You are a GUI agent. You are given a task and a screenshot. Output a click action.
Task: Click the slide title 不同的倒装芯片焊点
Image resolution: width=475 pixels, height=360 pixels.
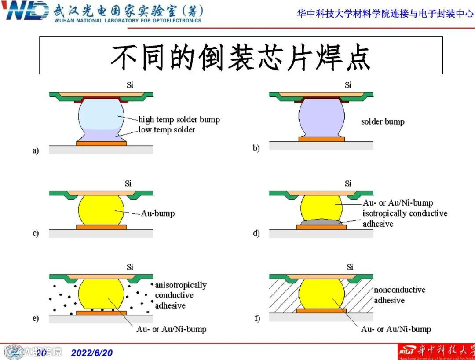[241, 56]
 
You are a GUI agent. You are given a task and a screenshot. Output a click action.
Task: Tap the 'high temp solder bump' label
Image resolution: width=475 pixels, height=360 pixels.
[179, 120]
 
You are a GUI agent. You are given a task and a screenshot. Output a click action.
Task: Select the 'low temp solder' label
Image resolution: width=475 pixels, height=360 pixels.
[167, 130]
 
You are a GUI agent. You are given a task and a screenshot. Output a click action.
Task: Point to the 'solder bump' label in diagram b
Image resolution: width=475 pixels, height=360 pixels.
[382, 121]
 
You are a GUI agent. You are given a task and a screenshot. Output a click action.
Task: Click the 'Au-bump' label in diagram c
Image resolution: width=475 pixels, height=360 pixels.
[158, 213]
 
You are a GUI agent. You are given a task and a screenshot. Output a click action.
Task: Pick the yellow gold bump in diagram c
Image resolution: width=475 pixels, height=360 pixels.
[101, 210]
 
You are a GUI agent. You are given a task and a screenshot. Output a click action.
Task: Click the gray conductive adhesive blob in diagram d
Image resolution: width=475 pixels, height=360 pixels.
[322, 223]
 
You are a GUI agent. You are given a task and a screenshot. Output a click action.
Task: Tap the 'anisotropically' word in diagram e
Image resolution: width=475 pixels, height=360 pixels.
[181, 285]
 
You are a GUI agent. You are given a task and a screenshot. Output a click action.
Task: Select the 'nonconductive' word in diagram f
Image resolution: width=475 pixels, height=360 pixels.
[399, 290]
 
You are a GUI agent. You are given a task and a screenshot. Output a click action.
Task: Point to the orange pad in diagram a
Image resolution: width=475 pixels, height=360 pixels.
[101, 143]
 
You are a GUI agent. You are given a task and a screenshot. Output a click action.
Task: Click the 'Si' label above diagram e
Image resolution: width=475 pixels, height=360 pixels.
[130, 267]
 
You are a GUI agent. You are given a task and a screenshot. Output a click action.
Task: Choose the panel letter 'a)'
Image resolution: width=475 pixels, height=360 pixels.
[36, 151]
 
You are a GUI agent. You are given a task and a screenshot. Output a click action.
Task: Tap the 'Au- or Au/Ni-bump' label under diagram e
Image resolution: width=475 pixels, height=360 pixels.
[171, 329]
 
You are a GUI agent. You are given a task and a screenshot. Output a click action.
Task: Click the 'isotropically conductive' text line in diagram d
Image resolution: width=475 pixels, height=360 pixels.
[405, 213]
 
